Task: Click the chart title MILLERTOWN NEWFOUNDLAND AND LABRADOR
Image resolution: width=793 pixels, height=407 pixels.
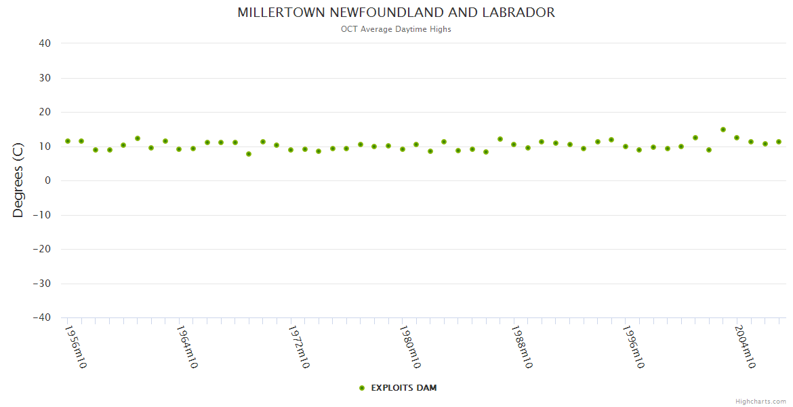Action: [x=396, y=12]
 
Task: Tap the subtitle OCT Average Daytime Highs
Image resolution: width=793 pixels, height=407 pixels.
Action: [x=396, y=29]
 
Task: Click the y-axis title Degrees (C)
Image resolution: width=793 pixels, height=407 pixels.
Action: [x=18, y=180]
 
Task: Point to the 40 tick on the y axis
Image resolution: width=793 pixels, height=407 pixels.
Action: [x=45, y=43]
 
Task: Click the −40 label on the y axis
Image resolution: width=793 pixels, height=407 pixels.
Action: [x=42, y=317]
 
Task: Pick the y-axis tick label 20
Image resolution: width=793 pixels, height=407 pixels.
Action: [x=45, y=112]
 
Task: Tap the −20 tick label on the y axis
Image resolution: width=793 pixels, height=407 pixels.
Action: [x=42, y=249]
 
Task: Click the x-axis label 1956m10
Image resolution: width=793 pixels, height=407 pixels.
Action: [x=75, y=347]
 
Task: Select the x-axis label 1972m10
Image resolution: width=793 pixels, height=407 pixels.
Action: [x=298, y=347]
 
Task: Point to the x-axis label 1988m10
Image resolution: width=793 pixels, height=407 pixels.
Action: [x=521, y=347]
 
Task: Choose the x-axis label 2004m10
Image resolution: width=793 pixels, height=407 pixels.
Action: [x=744, y=347]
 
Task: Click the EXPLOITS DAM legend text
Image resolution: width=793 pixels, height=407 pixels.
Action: [x=404, y=388]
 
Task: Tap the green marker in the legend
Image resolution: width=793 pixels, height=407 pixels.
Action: [x=362, y=388]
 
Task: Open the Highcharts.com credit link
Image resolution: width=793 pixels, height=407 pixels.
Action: [x=760, y=401]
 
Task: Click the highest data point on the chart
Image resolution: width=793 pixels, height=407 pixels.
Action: [x=723, y=130]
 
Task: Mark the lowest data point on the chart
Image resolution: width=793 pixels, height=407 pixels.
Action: [x=249, y=154]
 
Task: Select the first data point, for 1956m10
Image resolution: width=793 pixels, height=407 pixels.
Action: [x=68, y=141]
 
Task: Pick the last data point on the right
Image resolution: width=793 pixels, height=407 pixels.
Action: [x=779, y=142]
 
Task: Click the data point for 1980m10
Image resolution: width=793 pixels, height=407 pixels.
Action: [x=403, y=149]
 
